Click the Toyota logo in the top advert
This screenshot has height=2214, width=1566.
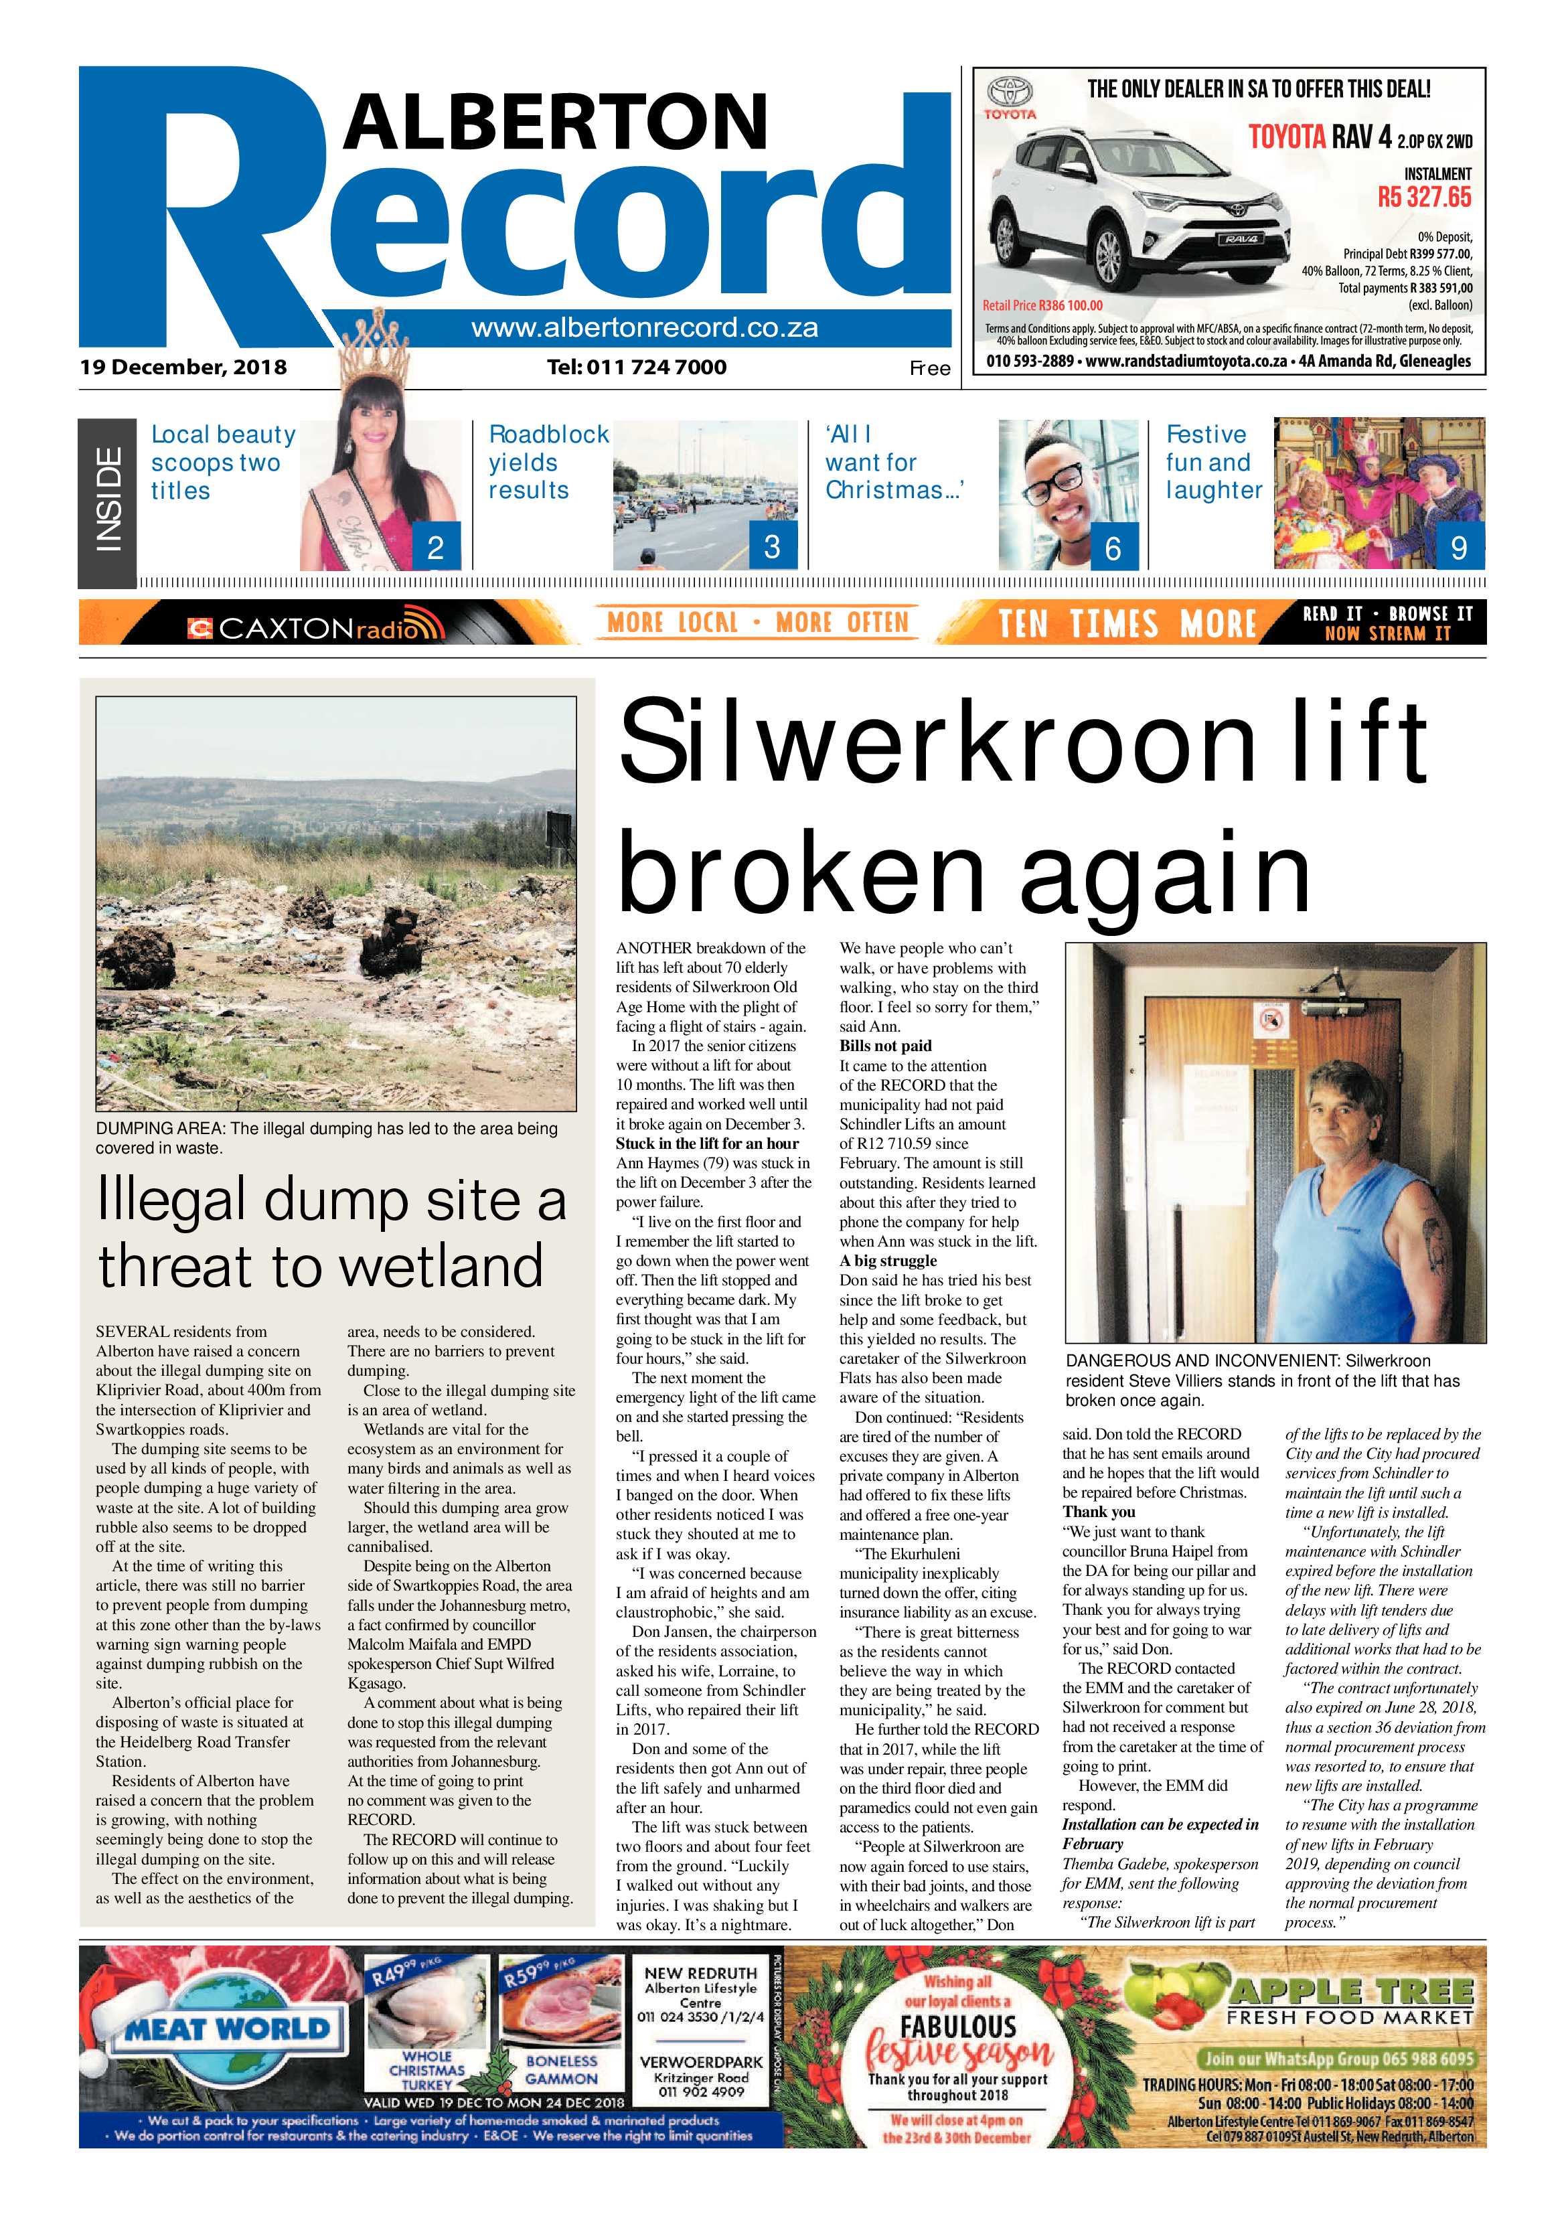point(1010,96)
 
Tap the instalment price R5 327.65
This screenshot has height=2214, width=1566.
point(1423,197)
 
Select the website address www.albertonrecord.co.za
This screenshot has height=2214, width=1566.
point(644,328)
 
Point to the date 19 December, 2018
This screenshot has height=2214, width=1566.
point(183,368)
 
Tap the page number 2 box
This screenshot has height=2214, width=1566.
point(436,547)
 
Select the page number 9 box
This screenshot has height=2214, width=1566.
point(1459,547)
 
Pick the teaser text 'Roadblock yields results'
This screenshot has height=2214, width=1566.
point(548,463)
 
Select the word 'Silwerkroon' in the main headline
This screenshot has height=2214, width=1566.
point(935,744)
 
